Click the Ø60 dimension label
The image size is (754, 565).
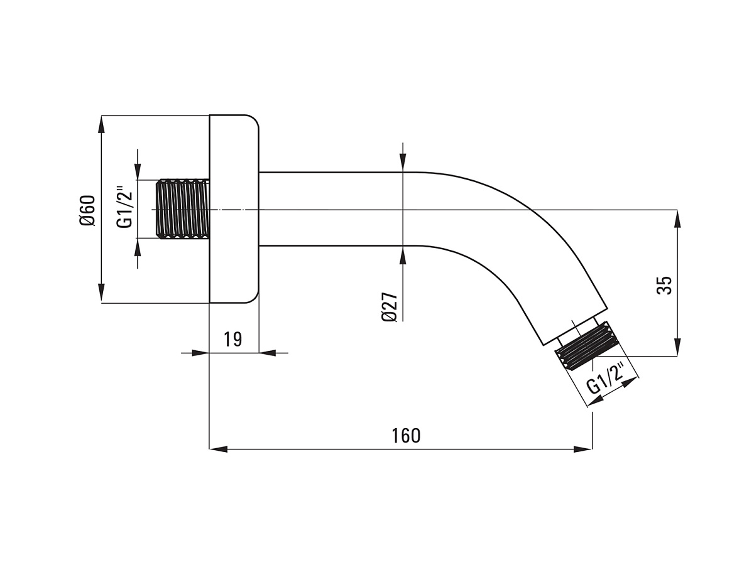click(x=87, y=210)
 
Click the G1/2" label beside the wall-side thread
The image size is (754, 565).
click(x=124, y=207)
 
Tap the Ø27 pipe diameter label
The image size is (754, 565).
click(x=389, y=307)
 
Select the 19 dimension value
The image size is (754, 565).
click(x=233, y=339)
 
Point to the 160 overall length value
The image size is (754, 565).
click(x=406, y=435)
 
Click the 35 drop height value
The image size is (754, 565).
click(x=664, y=285)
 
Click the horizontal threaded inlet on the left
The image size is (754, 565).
click(x=182, y=209)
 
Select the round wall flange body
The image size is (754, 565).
click(x=234, y=209)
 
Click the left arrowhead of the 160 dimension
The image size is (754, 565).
click(x=219, y=449)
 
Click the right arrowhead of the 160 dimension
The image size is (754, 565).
click(x=583, y=449)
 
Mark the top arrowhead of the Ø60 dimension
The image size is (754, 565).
click(x=101, y=124)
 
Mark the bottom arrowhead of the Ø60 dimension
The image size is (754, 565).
click(x=101, y=293)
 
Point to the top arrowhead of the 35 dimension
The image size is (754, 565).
click(x=677, y=218)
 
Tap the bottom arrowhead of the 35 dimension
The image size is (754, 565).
click(x=677, y=347)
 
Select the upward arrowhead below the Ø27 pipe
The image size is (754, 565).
click(x=403, y=255)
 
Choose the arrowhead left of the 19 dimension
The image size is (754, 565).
click(x=200, y=353)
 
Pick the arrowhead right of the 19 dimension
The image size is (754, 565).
click(x=268, y=353)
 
